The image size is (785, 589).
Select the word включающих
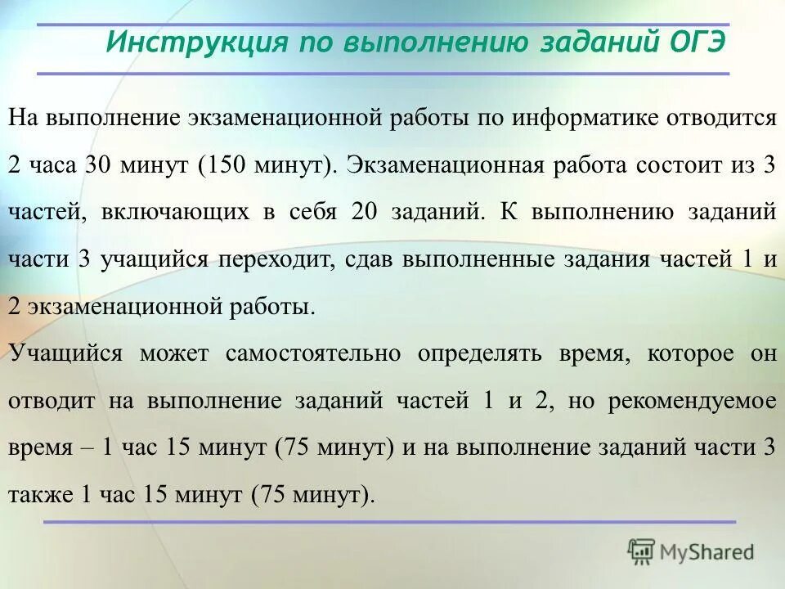point(176,212)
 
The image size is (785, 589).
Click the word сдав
point(368,259)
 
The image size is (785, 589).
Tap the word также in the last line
point(39,495)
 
